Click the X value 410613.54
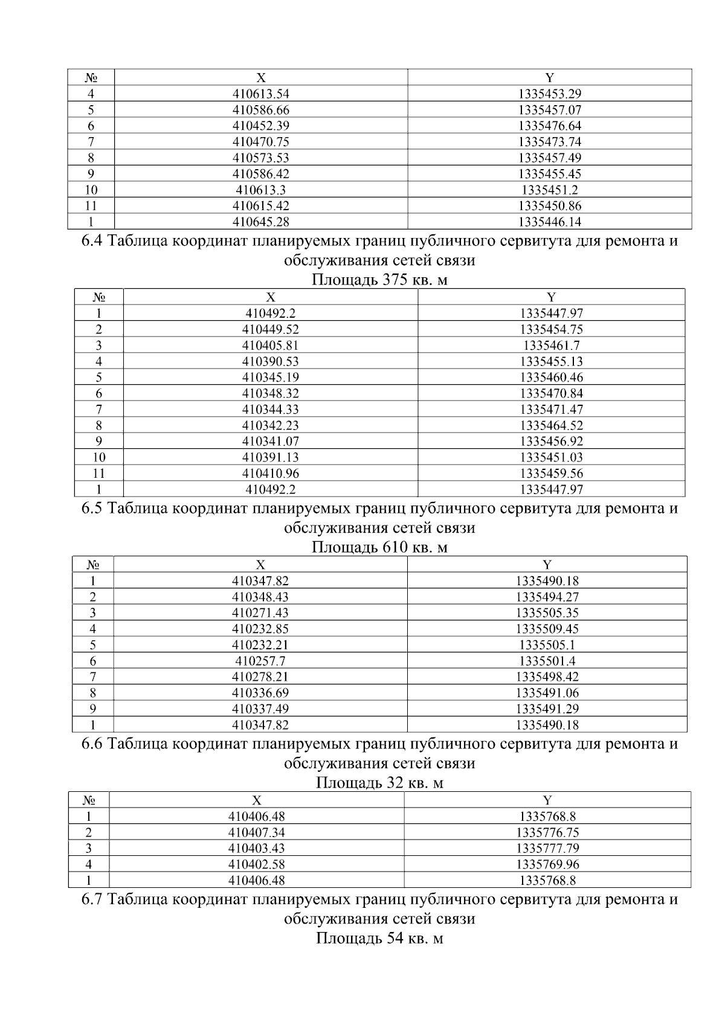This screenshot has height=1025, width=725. click(260, 94)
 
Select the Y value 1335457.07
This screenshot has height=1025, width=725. click(549, 110)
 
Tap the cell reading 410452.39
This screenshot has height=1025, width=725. click(260, 126)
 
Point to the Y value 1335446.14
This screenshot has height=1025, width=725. click(549, 222)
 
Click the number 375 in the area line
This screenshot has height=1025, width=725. click(395, 280)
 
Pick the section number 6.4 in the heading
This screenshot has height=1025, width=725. click(94, 242)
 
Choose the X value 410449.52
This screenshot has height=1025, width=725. click(270, 330)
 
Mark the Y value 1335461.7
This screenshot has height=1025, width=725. click(551, 345)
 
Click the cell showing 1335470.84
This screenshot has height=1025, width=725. click(551, 394)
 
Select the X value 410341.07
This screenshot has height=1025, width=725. click(270, 442)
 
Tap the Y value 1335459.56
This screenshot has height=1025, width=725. click(551, 474)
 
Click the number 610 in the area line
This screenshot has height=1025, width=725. click(395, 548)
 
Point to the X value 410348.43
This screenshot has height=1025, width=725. click(260, 597)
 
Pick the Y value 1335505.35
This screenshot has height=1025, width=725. click(547, 613)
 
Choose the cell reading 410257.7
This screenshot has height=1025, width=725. click(260, 661)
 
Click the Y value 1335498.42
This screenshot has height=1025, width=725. click(547, 677)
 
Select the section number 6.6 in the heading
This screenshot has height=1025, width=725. click(94, 744)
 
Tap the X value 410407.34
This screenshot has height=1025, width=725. click(256, 833)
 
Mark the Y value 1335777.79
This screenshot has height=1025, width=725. click(547, 849)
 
